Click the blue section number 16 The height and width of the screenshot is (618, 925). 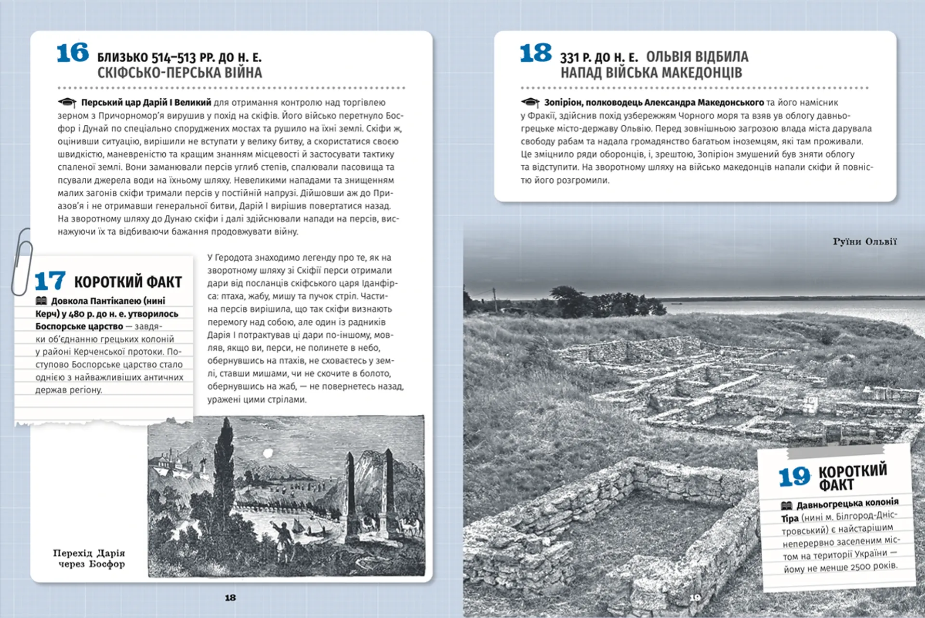(73, 53)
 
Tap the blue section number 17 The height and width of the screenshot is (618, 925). (50, 280)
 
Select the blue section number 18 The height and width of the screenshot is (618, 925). (535, 53)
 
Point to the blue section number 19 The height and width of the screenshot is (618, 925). (794, 476)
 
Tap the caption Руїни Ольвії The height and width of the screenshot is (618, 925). (864, 241)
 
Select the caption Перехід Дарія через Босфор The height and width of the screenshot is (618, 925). (89, 558)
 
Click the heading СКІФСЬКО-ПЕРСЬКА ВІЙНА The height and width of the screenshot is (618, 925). (180, 73)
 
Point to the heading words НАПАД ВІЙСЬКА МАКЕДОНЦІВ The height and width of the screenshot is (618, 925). (651, 73)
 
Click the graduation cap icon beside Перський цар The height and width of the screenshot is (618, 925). (67, 102)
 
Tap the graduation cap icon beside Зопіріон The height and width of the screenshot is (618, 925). (530, 102)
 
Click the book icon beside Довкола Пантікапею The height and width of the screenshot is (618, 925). (41, 301)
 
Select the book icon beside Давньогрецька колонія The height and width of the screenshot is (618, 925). (786, 506)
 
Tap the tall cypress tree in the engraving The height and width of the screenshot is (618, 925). (225, 462)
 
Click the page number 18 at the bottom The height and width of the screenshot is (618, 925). (230, 598)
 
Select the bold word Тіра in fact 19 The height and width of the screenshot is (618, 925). (790, 518)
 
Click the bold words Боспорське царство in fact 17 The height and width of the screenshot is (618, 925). (79, 327)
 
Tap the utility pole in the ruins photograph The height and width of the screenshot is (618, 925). (494, 299)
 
